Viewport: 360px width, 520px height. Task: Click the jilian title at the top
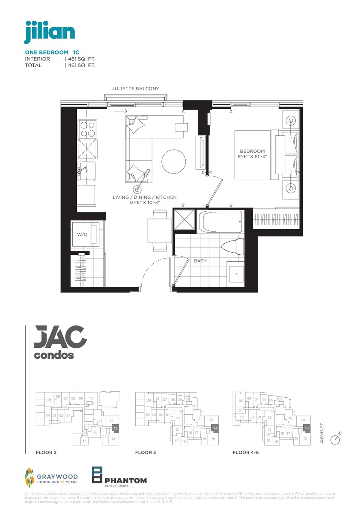click(x=50, y=32)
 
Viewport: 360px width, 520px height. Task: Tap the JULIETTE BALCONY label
click(x=136, y=89)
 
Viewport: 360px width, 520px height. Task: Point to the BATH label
click(x=200, y=261)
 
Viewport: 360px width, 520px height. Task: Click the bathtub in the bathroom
click(x=220, y=222)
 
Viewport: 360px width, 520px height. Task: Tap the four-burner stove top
click(x=87, y=128)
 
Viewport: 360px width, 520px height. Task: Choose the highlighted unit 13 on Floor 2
click(x=115, y=429)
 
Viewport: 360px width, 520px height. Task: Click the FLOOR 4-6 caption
click(x=245, y=452)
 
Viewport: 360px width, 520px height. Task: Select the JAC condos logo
click(x=60, y=342)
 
